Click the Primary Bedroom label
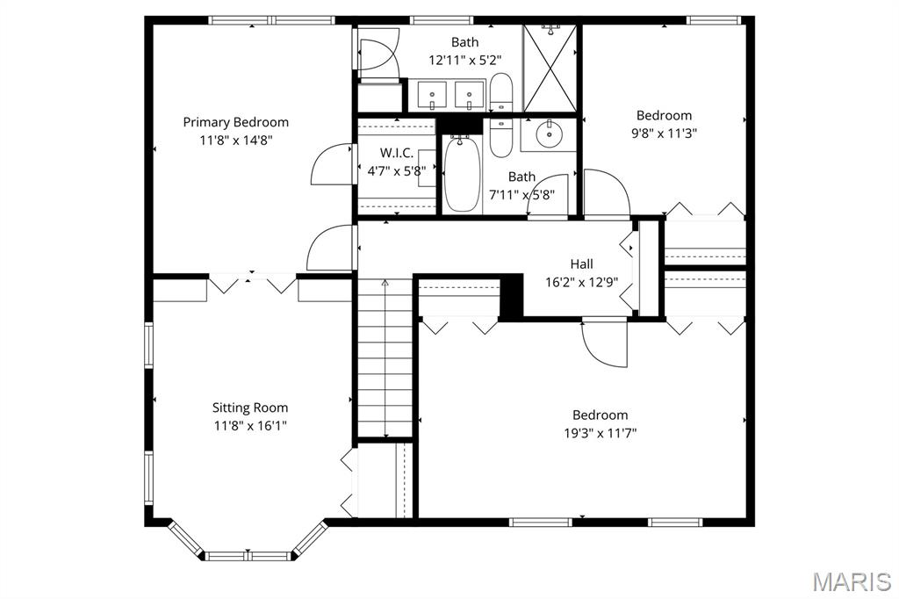tap(235, 122)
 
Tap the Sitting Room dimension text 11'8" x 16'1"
tap(250, 425)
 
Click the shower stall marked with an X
tap(550, 69)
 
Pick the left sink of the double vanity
tap(432, 92)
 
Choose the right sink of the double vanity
tap(470, 92)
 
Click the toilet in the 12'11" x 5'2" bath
tap(501, 92)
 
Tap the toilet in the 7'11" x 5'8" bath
tap(500, 138)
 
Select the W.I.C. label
tap(396, 153)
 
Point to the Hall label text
tap(581, 263)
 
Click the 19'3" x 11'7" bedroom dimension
tap(601, 432)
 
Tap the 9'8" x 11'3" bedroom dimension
tap(664, 134)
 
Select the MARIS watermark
tap(851, 581)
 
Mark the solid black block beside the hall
tap(511, 298)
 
